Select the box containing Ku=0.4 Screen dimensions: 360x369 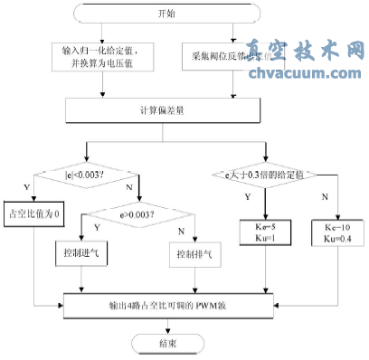[335, 229]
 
